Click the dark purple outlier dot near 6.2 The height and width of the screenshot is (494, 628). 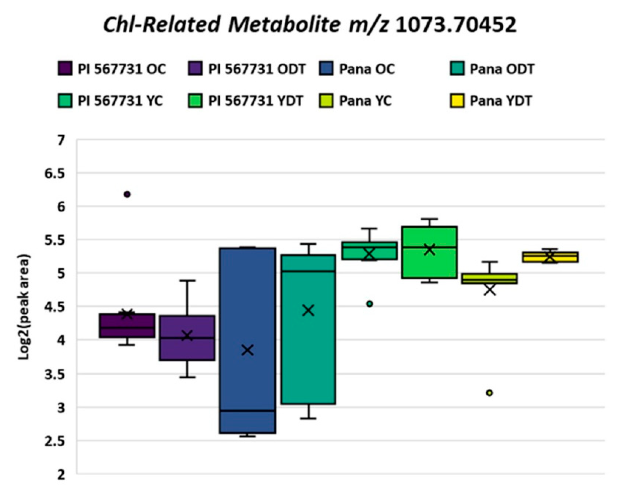[x=127, y=194]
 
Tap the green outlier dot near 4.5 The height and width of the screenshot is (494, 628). [x=370, y=304]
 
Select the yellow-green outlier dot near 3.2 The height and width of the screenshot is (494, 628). [x=489, y=393]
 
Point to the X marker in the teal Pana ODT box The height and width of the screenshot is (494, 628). [x=308, y=311]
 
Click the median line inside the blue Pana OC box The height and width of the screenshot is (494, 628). [x=248, y=410]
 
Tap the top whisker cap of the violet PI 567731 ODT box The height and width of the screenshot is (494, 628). [x=187, y=280]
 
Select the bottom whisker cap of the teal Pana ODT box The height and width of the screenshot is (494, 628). [x=308, y=418]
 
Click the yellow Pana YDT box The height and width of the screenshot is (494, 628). [x=550, y=257]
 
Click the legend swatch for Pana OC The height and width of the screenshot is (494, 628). [x=326, y=68]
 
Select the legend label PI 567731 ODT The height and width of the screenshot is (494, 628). [x=257, y=69]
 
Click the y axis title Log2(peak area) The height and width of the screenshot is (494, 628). [x=24, y=307]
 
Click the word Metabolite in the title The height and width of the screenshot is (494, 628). [x=284, y=25]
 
